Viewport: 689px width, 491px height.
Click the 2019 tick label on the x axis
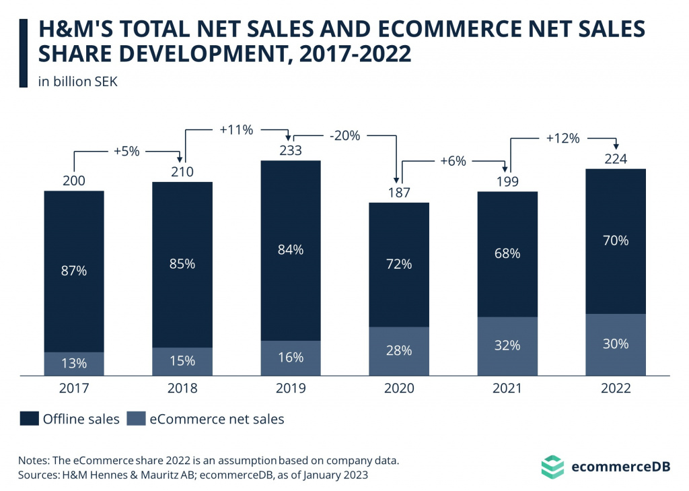291,389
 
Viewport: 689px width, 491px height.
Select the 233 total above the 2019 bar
291,150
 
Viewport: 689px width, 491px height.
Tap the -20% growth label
345,135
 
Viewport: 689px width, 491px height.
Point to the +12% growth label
562,139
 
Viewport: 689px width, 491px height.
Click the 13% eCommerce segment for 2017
74,364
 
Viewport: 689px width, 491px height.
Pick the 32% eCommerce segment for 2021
507,346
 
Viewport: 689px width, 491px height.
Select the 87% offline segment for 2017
74,271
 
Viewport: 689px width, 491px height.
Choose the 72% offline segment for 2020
399,264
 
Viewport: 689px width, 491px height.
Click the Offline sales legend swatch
28,419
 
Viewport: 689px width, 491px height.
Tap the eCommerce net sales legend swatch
137,419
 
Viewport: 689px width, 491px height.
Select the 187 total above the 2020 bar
399,192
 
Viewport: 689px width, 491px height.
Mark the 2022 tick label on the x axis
616,389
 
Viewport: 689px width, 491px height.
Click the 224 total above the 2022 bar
616,159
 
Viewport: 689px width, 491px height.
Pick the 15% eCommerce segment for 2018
182,361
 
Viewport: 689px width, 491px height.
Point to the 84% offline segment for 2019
291,250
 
